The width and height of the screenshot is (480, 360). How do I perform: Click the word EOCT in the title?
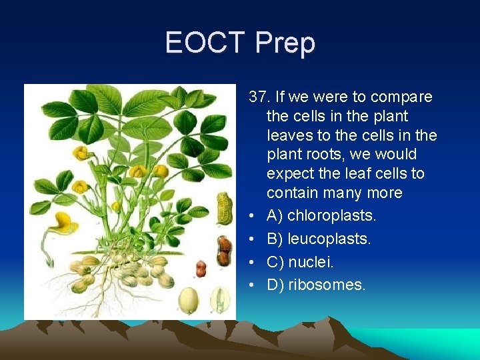click(205, 43)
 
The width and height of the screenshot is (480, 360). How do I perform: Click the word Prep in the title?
click(285, 43)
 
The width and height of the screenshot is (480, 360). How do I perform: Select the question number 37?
click(259, 97)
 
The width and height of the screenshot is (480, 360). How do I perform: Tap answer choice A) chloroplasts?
click(321, 216)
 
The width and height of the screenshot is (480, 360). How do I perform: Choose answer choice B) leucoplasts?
click(319, 239)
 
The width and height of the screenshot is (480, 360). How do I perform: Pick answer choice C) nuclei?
click(300, 262)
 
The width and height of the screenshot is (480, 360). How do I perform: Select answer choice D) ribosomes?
click(316, 285)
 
